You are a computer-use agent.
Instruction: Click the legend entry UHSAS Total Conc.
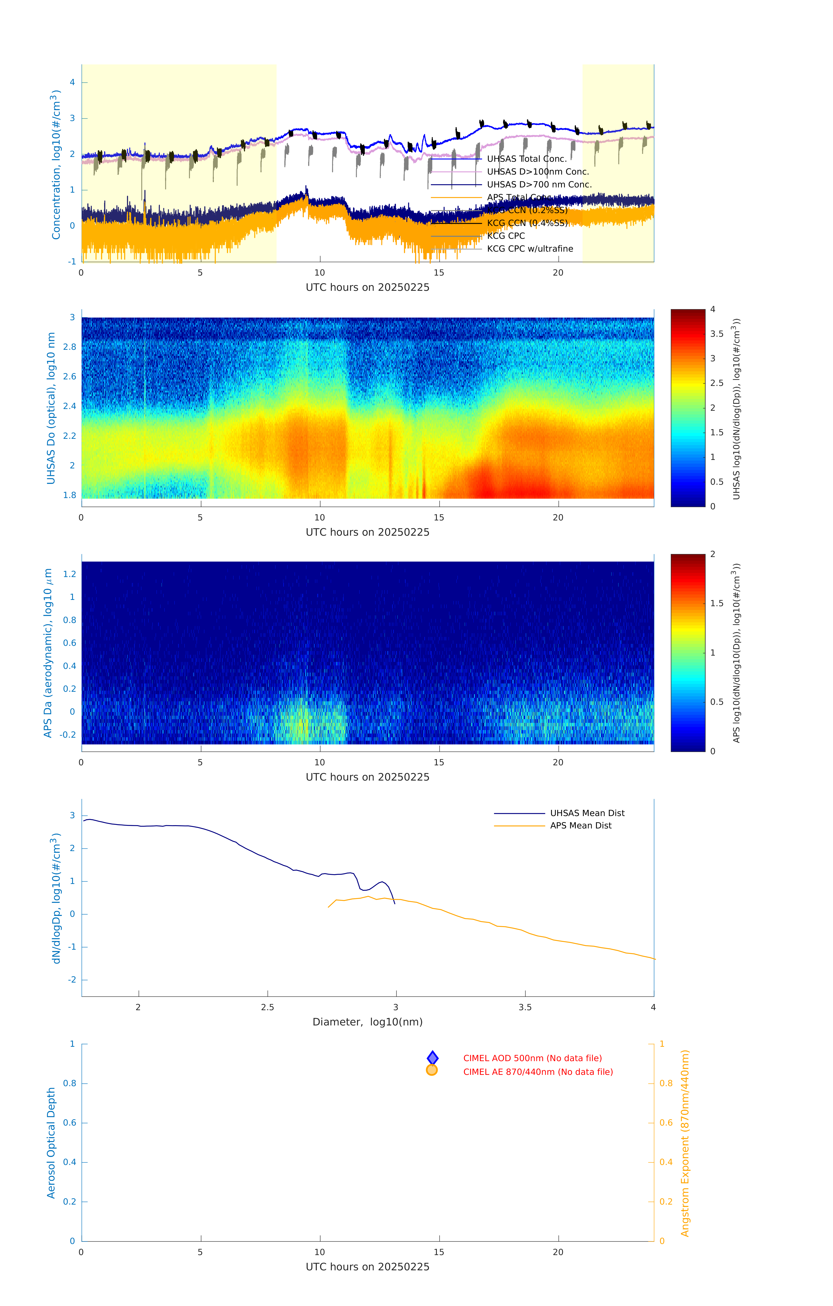(x=526, y=159)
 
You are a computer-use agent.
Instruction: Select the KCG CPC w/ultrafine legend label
(x=530, y=249)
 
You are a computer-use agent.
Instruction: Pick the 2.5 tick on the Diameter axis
(x=267, y=1007)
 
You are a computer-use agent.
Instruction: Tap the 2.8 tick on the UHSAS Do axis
(x=69, y=347)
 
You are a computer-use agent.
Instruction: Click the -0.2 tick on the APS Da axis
(x=68, y=735)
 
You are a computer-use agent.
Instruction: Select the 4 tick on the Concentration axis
(x=72, y=82)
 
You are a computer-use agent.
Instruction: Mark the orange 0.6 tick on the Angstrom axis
(x=666, y=1123)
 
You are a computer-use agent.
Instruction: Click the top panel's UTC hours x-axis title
(x=367, y=288)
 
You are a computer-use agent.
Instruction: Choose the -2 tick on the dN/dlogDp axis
(x=71, y=979)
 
